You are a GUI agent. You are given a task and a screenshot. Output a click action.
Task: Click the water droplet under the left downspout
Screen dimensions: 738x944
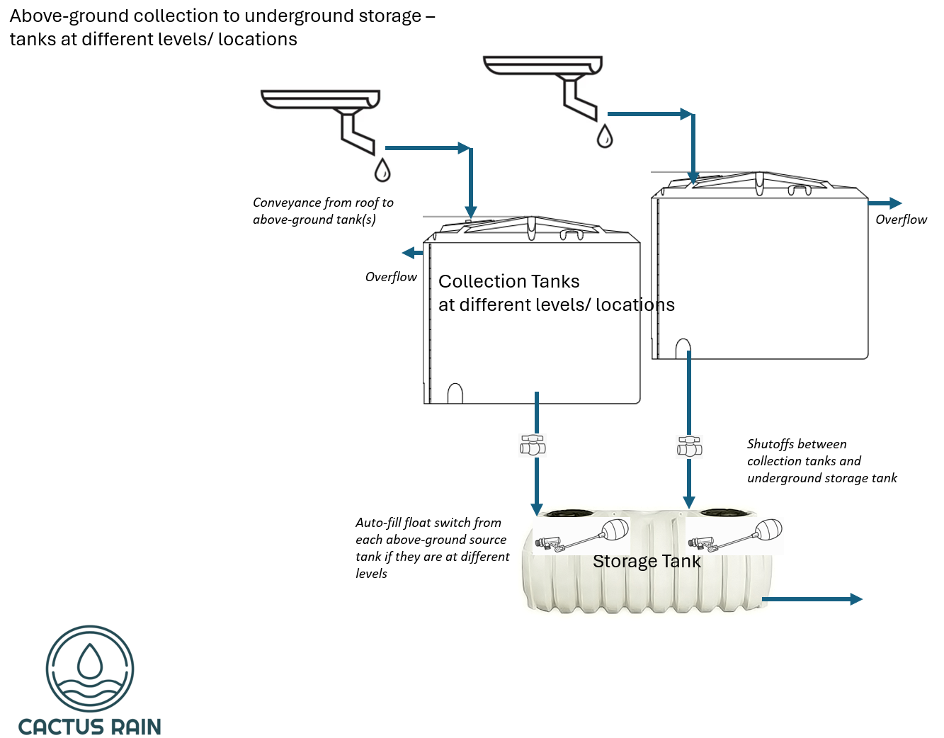click(x=382, y=171)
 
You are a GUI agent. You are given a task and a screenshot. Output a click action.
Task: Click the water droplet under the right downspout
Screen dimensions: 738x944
click(x=605, y=137)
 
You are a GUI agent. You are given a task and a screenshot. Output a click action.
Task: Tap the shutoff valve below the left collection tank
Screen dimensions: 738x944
click(x=533, y=445)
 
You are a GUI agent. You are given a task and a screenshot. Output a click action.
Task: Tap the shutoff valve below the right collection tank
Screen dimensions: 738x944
click(x=689, y=446)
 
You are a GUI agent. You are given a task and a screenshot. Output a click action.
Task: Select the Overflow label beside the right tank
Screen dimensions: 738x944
click(x=901, y=220)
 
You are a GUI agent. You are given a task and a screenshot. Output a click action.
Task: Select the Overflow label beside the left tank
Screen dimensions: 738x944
click(x=391, y=277)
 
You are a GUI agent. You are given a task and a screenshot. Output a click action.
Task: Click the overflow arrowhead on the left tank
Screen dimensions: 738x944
click(x=409, y=253)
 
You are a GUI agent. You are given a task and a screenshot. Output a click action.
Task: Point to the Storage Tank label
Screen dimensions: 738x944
click(x=647, y=562)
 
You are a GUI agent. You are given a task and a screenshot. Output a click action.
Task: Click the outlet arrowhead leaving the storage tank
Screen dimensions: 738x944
click(x=855, y=599)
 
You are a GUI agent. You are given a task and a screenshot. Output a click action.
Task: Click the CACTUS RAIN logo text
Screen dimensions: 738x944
click(x=90, y=727)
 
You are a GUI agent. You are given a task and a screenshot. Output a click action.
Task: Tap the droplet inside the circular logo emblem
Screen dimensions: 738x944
click(x=90, y=661)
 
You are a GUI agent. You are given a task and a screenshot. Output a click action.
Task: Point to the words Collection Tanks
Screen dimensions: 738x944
click(x=509, y=282)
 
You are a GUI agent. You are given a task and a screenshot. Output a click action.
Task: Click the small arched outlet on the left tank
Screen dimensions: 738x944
click(x=455, y=394)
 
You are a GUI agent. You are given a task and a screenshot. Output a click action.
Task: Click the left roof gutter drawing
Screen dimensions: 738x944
click(x=321, y=99)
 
